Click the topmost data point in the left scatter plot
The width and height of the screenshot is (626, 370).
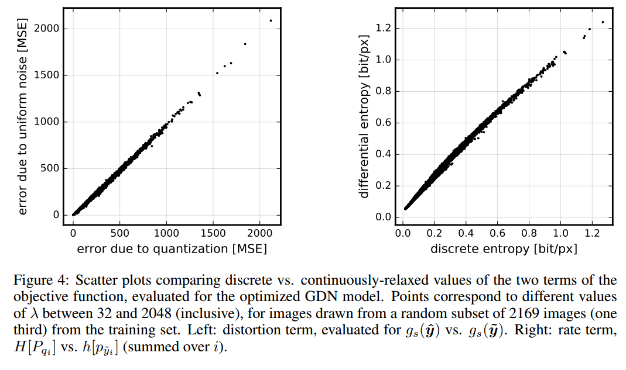point(271,20)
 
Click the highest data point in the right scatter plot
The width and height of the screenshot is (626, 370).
point(603,22)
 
